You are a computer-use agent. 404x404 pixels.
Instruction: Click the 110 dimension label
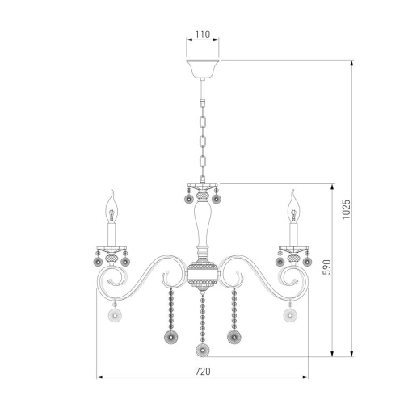(203, 34)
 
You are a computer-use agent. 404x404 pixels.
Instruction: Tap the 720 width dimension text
(203, 372)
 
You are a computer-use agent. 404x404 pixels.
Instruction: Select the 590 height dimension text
(326, 267)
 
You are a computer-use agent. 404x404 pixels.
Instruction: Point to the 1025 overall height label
(346, 209)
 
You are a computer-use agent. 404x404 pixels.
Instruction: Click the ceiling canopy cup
(203, 69)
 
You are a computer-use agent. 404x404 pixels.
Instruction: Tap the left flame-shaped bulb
(112, 205)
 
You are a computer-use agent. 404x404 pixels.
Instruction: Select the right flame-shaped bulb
(293, 205)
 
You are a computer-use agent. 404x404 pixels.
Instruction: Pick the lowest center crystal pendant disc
(203, 350)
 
